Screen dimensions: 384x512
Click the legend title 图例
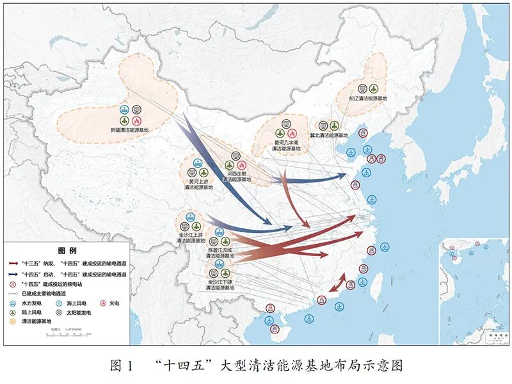(x=67, y=250)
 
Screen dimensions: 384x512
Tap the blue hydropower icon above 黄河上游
(x=198, y=163)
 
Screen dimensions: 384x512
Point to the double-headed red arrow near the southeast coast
(x=337, y=282)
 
